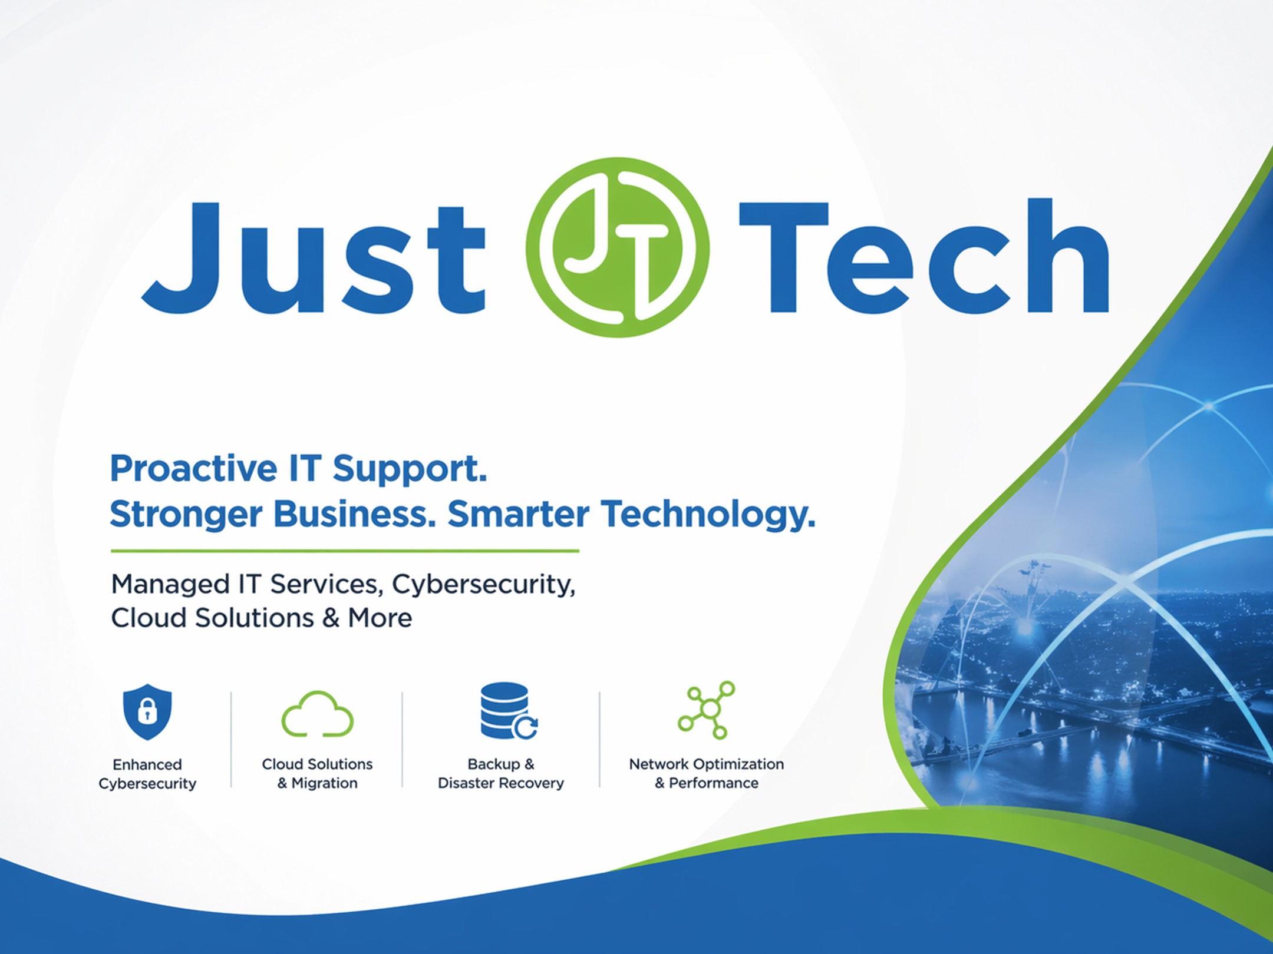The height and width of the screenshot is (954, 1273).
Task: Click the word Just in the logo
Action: pos(314,257)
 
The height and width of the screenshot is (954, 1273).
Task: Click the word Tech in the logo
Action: pos(924,256)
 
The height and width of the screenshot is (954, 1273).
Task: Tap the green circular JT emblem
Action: pos(617,247)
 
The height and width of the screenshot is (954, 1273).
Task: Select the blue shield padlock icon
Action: pos(147,712)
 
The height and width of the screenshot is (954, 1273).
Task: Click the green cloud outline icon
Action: pos(318,714)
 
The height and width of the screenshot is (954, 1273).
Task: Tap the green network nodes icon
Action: pos(707,710)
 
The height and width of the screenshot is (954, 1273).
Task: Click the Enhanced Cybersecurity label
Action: pos(147,774)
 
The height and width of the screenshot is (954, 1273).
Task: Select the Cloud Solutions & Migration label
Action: pos(317,773)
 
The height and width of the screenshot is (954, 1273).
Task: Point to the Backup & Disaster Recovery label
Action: pos(501,773)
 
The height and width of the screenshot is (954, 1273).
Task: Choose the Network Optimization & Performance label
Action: pos(707,773)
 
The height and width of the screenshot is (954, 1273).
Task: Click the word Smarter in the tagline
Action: pos(518,514)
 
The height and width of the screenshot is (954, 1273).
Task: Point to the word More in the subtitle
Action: pos(380,618)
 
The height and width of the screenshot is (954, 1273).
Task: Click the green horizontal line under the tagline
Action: pos(345,551)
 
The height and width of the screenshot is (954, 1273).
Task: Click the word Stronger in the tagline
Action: pos(186,515)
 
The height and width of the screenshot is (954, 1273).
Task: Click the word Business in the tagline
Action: pos(354,514)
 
